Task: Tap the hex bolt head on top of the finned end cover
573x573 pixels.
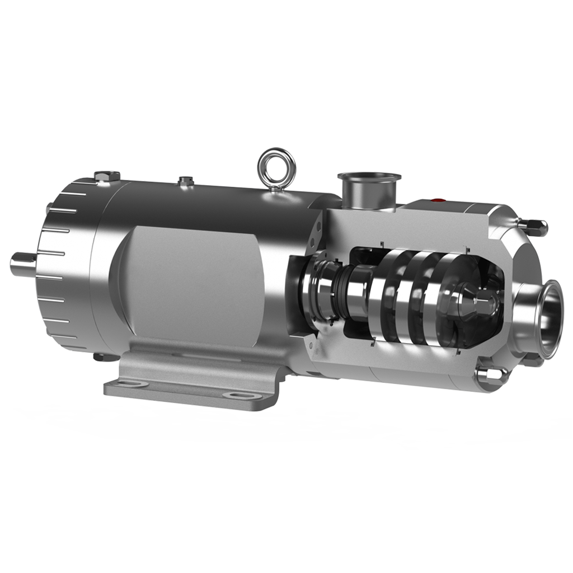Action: pyautogui.click(x=107, y=176)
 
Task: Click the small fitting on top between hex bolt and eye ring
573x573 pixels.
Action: pyautogui.click(x=185, y=181)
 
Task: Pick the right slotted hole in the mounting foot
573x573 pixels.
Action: pyautogui.click(x=235, y=396)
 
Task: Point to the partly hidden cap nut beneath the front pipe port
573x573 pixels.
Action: pyautogui.click(x=532, y=361)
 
